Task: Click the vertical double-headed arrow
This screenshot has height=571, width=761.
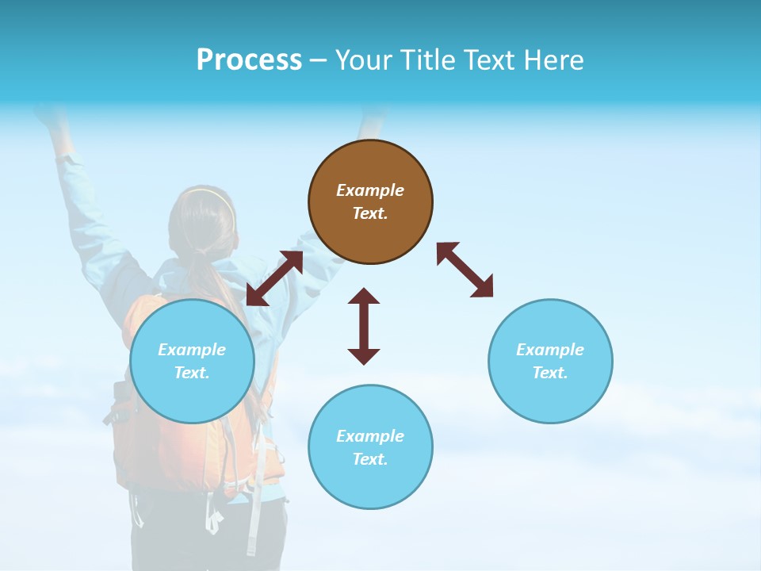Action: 364,326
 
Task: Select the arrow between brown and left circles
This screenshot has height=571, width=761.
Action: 274,278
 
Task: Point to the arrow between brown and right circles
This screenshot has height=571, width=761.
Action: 465,270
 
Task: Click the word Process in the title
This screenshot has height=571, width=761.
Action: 249,60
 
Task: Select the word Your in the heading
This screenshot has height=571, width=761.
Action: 362,60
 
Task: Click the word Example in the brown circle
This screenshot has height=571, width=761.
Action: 370,190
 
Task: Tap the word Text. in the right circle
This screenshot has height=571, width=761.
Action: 550,373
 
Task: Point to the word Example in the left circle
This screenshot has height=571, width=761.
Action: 192,350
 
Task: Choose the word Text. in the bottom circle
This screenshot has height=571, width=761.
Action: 370,459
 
